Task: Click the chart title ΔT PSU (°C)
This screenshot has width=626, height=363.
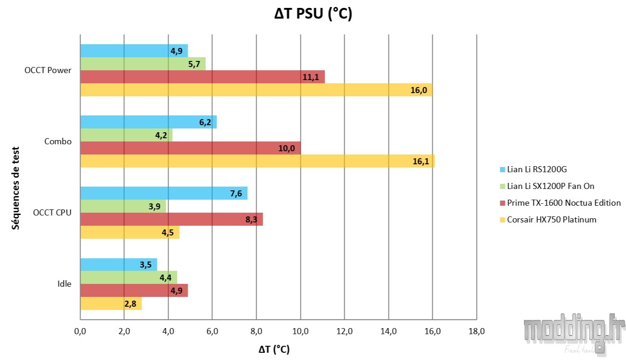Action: [313, 14]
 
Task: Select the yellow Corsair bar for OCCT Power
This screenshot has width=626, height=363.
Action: [256, 90]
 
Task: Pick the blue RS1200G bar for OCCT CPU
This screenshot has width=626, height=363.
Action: [163, 193]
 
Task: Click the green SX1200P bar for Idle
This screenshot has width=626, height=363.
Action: [129, 277]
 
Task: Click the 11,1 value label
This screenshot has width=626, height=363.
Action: [311, 77]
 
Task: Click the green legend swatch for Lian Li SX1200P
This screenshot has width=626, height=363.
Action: [502, 186]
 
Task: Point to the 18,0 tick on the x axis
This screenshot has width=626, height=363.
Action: [476, 331]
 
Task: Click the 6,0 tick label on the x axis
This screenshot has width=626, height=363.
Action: [212, 331]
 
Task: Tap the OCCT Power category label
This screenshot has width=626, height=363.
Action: [48, 70]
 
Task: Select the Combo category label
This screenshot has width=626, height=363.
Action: [58, 141]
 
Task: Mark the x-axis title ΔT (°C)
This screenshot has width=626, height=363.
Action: [274, 349]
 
